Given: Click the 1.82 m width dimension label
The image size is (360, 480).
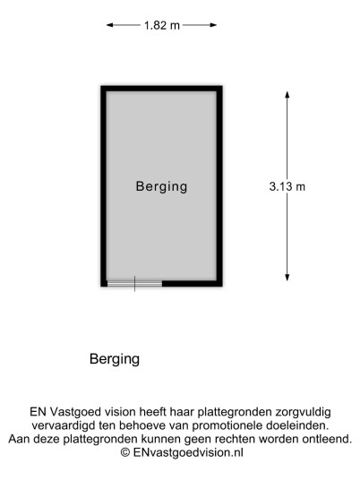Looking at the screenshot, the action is [162, 25].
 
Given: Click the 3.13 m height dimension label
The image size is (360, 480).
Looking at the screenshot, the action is [287, 186].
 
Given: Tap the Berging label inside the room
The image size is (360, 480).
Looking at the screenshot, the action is [161, 186].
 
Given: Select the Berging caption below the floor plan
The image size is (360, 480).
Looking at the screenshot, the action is [115, 359].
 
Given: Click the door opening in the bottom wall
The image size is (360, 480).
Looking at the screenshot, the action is [134, 284].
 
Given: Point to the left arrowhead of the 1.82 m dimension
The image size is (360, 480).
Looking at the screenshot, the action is [109, 25].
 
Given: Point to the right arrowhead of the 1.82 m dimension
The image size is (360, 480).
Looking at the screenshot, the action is [213, 25].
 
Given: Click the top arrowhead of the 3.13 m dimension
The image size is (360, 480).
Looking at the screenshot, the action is [287, 95].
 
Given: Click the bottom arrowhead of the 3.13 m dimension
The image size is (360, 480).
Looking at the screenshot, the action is [287, 278].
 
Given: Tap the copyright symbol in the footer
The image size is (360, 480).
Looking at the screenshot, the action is [125, 452].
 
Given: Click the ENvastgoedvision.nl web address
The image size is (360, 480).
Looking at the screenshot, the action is [188, 452].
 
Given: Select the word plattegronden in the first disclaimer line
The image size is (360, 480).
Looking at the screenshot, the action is [235, 412].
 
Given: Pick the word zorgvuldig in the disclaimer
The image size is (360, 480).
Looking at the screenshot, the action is [303, 412].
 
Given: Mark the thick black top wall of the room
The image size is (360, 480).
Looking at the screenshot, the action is [161, 89].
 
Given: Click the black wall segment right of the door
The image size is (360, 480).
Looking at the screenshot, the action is [193, 284].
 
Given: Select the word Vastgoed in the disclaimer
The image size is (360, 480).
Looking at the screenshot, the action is [76, 412].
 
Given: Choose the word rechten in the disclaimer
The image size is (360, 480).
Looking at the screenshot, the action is [235, 439].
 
